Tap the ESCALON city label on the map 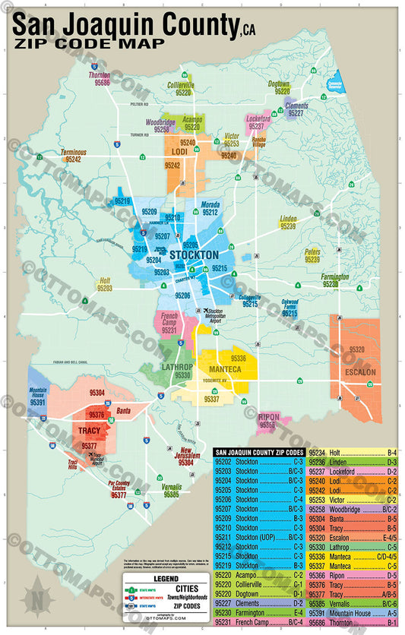point(359,372)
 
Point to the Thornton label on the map point(99,76)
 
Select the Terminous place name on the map point(74,153)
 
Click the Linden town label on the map point(288,219)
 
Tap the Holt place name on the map point(105,281)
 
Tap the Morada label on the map point(210,205)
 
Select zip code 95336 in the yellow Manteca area point(238,358)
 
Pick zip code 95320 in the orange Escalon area point(357,350)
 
